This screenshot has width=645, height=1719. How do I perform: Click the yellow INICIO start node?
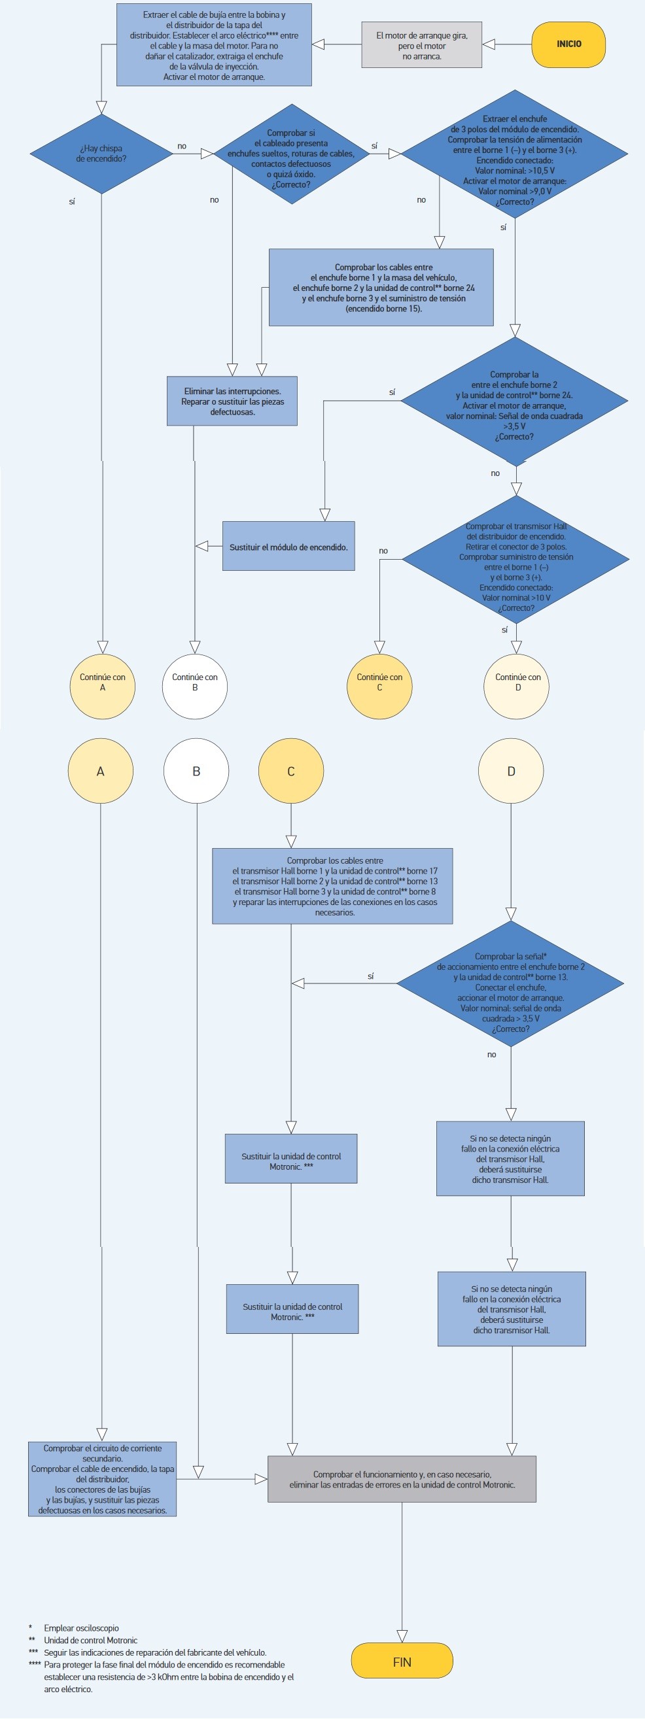click(568, 44)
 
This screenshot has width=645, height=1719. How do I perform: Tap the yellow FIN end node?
click(402, 1661)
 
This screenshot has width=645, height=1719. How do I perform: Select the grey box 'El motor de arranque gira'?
click(421, 45)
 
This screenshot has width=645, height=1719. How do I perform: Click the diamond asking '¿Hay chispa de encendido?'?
click(101, 154)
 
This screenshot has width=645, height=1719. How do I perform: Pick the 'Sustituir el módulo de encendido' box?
click(288, 547)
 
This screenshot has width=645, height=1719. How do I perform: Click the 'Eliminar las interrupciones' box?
click(232, 401)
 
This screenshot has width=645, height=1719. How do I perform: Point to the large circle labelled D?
click(511, 771)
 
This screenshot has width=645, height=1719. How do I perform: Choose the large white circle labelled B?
click(196, 771)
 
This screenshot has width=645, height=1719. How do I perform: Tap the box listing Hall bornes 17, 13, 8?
click(332, 885)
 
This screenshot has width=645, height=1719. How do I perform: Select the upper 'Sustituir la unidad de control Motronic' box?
click(291, 1161)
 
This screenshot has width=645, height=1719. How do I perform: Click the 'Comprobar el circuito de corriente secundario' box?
click(102, 1479)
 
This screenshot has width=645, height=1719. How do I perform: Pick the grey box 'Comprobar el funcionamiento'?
click(402, 1479)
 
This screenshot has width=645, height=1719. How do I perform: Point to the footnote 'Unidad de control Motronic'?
click(90, 1640)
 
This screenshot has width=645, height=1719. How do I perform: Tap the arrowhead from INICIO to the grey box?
click(489, 44)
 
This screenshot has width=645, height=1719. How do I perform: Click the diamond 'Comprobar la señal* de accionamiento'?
click(511, 983)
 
